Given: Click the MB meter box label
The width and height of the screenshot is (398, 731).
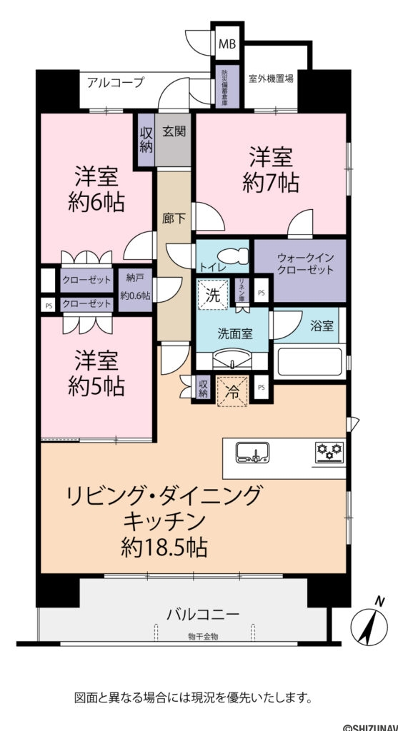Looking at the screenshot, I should tap(227, 44).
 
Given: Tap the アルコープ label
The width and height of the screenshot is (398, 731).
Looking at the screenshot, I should tap(115, 82).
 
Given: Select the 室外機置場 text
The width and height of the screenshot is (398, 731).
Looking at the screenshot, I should tap(271, 79).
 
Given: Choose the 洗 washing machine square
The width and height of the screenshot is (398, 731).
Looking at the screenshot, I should tap(214, 293).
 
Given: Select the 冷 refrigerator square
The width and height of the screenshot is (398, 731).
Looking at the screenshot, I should tap(232, 390).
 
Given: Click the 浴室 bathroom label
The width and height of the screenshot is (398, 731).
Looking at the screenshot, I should tap(322, 326).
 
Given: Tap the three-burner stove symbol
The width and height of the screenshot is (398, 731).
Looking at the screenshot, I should tap(329, 453).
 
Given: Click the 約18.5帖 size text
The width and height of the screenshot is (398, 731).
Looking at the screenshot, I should tap(164, 548).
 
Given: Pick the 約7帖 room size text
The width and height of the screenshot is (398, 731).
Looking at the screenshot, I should tap(273, 183).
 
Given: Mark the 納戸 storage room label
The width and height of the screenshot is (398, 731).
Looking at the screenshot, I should tap(133, 277).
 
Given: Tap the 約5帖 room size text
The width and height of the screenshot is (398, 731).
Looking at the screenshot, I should tap(96, 386).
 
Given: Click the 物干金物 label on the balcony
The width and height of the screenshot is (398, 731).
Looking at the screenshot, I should tap(203, 636).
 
